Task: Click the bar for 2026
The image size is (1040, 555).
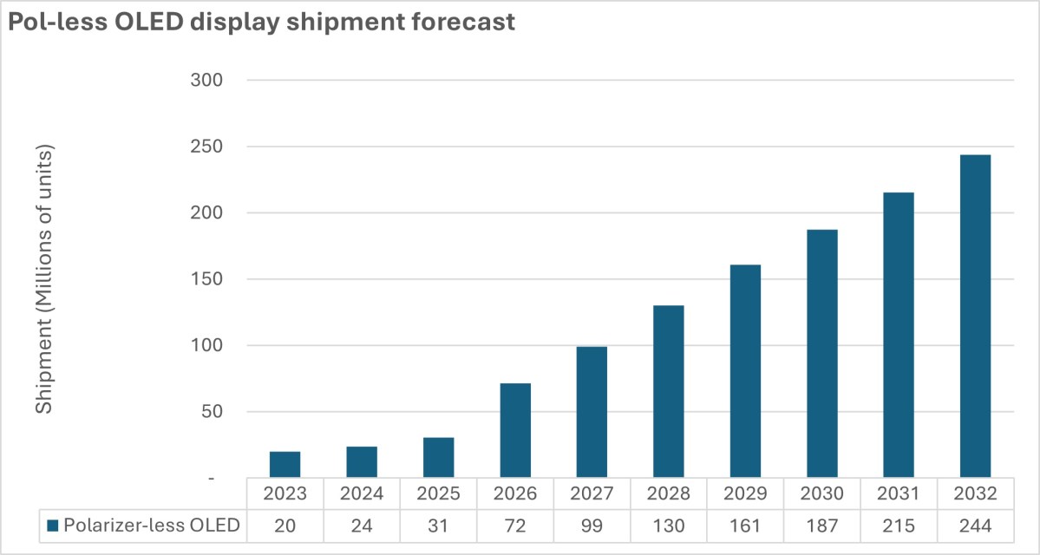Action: coord(515,430)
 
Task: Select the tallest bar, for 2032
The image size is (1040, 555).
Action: coord(976,317)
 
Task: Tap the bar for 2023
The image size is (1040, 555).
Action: coord(285,464)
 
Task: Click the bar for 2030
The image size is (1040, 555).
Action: coord(822,354)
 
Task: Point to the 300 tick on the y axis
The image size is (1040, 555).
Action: coord(206,80)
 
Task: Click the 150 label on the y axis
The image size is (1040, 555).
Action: coord(206,279)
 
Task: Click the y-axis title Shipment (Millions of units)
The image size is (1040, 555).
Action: coord(44,279)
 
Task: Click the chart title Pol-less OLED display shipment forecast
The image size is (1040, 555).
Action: coord(261,23)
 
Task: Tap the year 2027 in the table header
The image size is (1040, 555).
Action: coord(592,494)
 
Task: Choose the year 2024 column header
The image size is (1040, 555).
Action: coord(362,494)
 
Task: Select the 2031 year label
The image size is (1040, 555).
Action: coord(899,494)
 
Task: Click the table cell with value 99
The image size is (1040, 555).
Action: coord(592,525)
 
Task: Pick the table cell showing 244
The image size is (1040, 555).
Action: coord(976,525)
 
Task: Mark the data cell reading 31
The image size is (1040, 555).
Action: coord(438,525)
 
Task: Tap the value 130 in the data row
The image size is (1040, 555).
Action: coord(669,525)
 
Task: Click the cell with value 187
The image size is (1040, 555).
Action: coord(822,525)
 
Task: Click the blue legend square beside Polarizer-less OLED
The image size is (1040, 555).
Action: coord(53,526)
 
